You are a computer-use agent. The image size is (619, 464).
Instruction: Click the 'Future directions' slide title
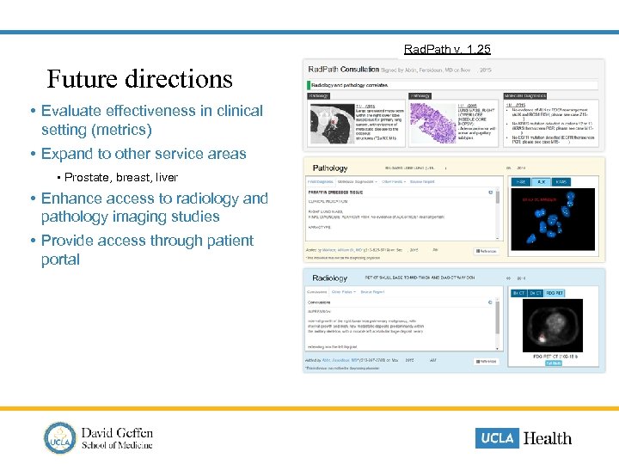pos(139,79)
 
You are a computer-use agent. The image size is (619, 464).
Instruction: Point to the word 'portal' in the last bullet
pos(60,259)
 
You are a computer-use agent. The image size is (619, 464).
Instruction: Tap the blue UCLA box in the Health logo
pos(497,437)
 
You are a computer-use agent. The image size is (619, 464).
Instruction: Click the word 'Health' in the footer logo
pos(547,438)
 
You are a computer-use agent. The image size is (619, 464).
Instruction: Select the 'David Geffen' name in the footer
pos(117,431)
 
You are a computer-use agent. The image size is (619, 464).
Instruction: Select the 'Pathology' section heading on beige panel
pos(330,168)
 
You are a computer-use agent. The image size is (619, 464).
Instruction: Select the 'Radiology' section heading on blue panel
pos(330,278)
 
